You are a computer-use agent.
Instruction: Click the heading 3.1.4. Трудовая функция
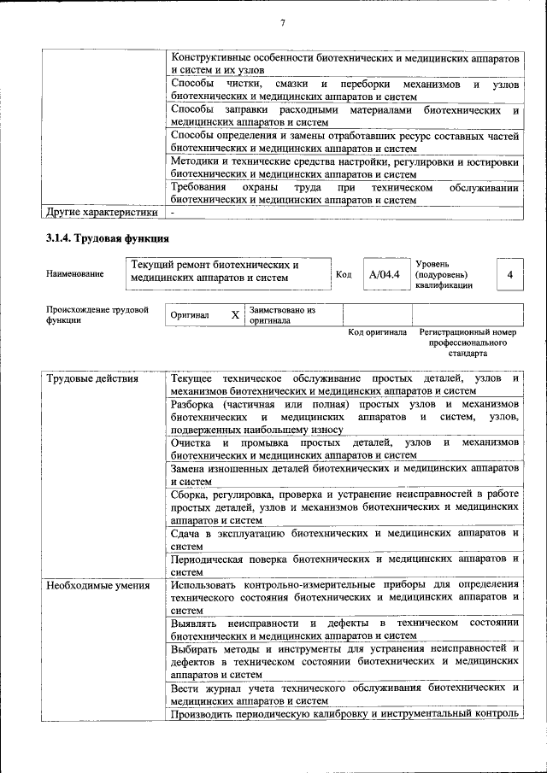[x=108, y=237]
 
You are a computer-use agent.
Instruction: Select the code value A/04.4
[x=385, y=275]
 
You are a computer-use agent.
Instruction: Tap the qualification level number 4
[x=509, y=275]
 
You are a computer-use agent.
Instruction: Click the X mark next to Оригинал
[x=235, y=315]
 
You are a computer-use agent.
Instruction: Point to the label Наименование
[x=75, y=274]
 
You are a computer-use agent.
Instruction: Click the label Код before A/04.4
[x=344, y=275]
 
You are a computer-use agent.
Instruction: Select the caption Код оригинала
[x=378, y=332]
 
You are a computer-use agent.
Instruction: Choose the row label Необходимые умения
[x=98, y=586]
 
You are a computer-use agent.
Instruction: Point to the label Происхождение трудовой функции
[x=92, y=314]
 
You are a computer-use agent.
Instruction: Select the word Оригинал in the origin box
[x=190, y=315]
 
